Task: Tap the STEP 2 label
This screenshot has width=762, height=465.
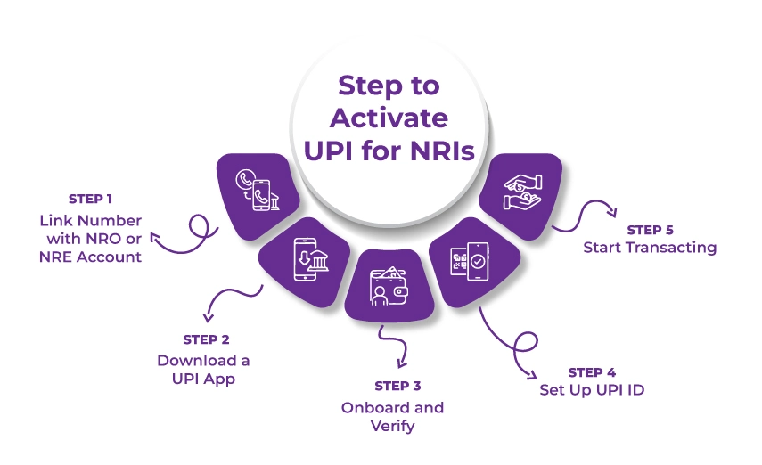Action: pos(206,339)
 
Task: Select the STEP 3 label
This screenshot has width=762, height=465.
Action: pos(397,386)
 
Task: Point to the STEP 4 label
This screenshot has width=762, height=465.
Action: pos(591,371)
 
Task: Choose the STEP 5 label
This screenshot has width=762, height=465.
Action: pos(650,229)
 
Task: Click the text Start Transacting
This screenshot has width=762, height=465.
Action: pos(650,248)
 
